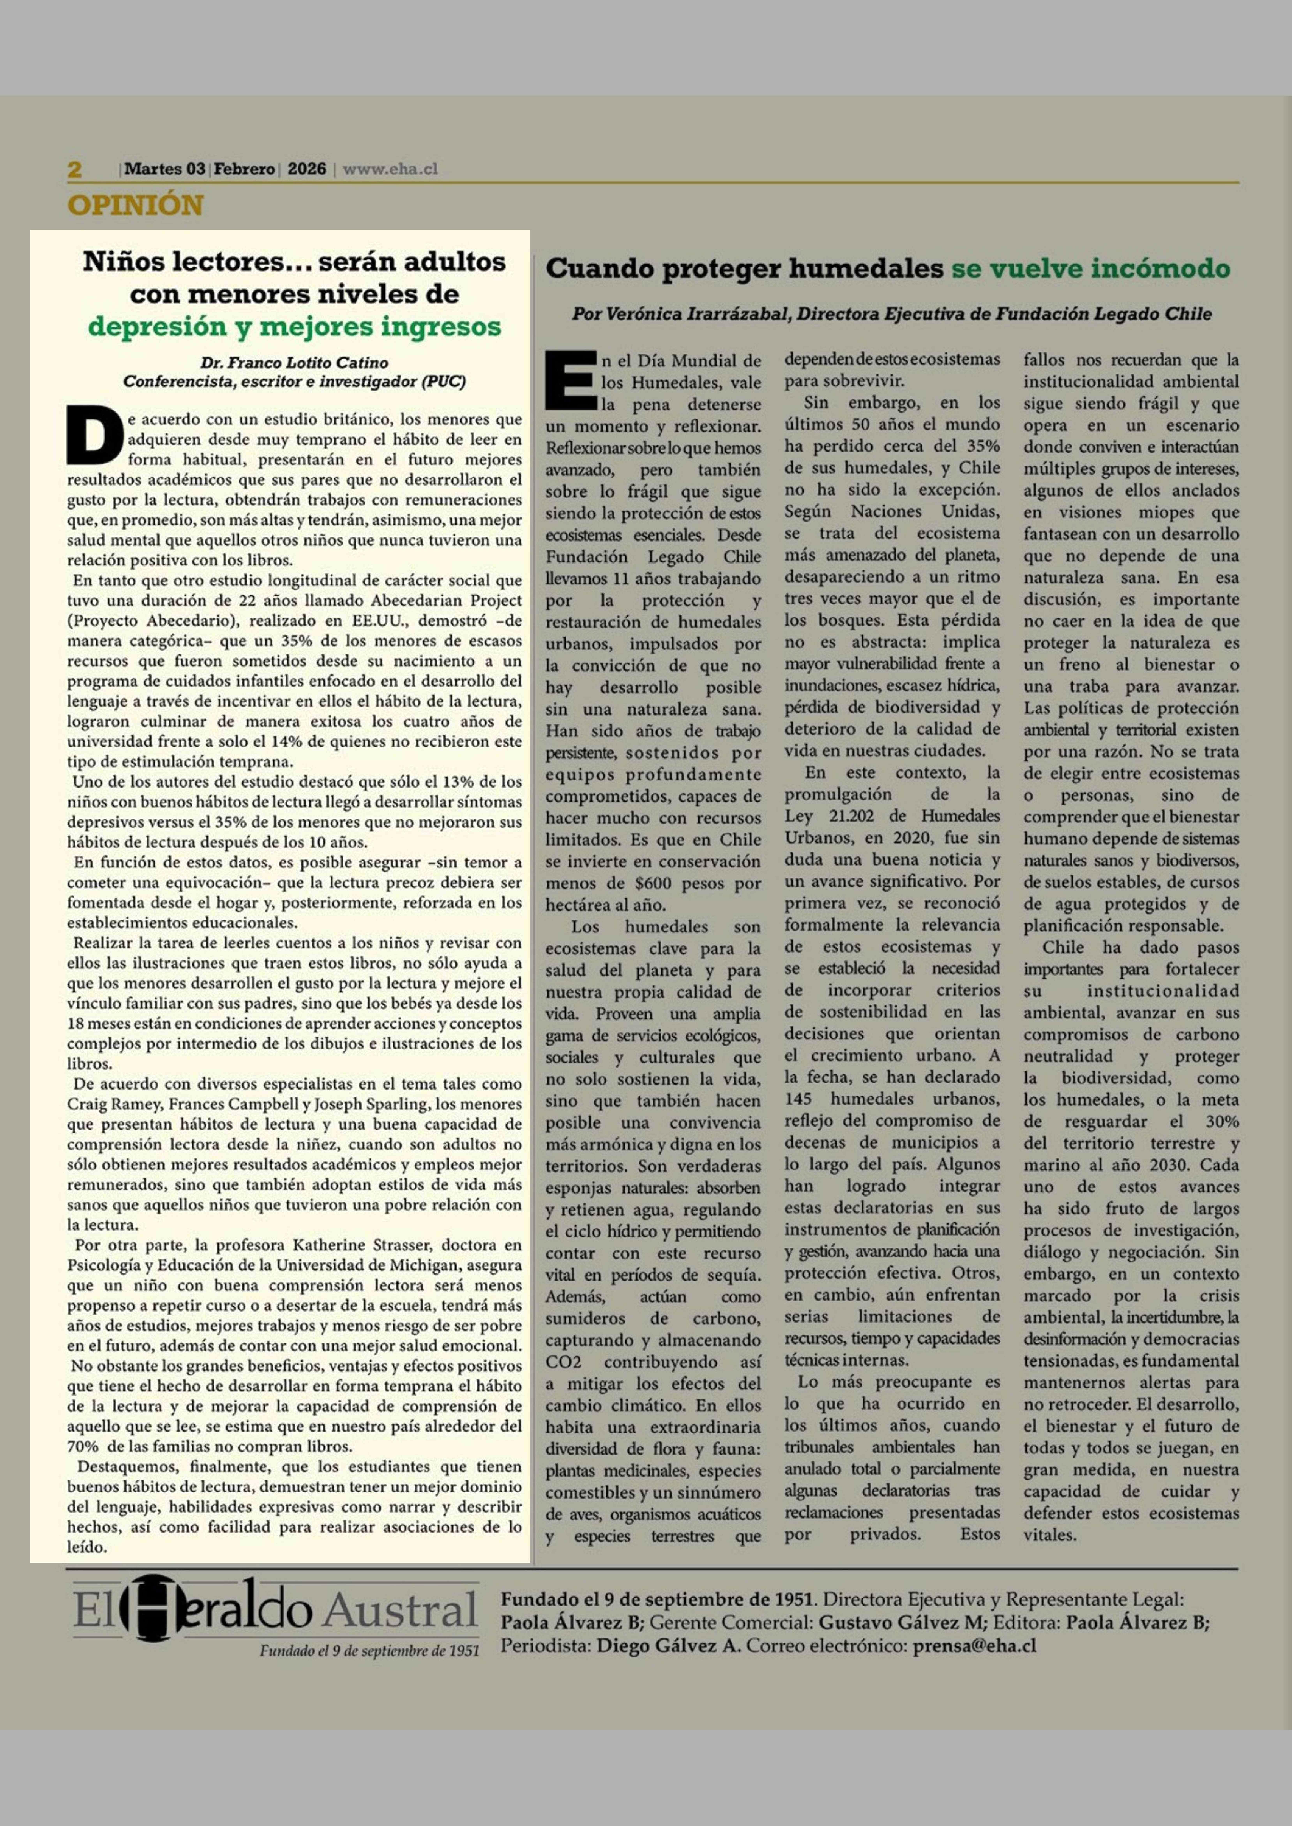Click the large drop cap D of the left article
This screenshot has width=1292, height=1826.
point(94,436)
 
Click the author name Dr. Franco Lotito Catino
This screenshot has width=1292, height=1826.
point(294,363)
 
